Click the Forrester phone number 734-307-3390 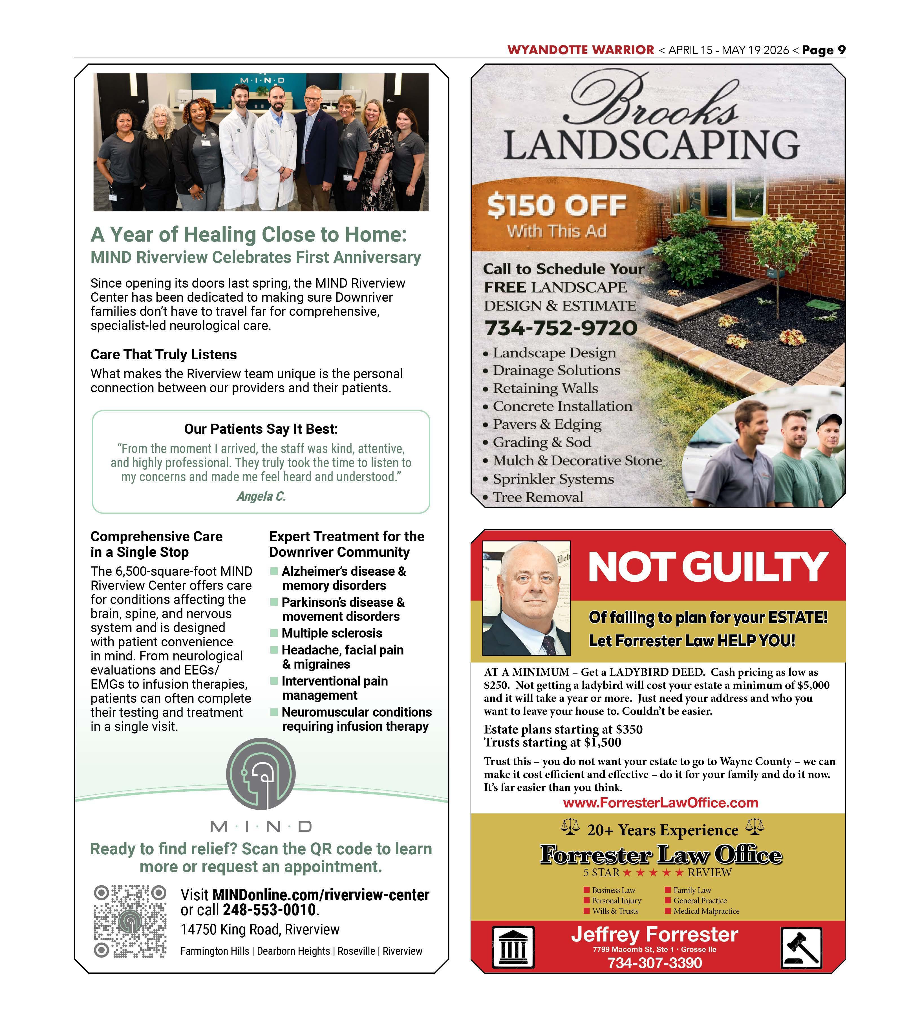[655, 963]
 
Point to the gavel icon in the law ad [802, 948]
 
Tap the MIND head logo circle [261, 774]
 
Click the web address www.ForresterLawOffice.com [660, 803]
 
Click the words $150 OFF [557, 206]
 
